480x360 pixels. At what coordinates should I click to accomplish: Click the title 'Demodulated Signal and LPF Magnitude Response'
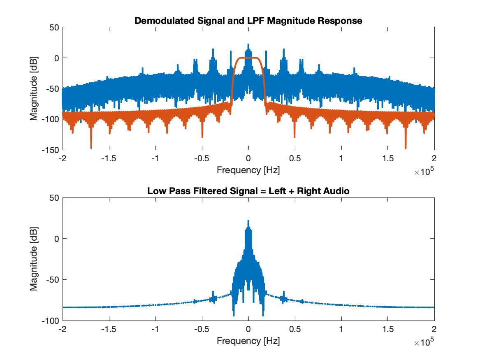pyautogui.click(x=248, y=20)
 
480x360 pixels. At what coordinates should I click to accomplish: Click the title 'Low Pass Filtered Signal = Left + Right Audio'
pyautogui.click(x=248, y=191)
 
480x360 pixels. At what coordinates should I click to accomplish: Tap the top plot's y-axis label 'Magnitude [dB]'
pyautogui.click(x=33, y=89)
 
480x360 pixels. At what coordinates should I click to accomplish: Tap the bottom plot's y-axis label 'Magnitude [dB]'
pyautogui.click(x=33, y=259)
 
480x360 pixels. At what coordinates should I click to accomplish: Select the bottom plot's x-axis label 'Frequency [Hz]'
pyautogui.click(x=248, y=341)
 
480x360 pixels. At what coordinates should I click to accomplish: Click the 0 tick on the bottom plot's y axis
pyautogui.click(x=57, y=239)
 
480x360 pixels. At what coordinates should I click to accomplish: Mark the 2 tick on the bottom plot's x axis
pyautogui.click(x=434, y=330)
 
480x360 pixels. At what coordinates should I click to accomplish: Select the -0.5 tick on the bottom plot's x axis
pyautogui.click(x=202, y=330)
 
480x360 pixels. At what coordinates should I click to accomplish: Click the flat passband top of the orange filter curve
pyautogui.click(x=248, y=58)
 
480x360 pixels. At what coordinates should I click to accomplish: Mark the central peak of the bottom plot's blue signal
pyautogui.click(x=248, y=221)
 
